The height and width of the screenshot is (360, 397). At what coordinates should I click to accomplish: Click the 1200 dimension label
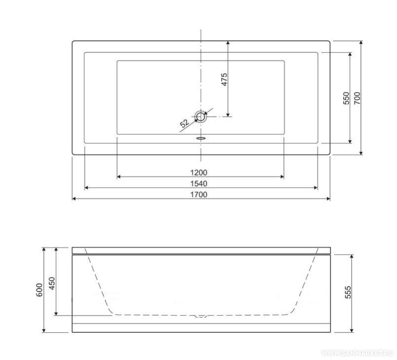pos(199,173)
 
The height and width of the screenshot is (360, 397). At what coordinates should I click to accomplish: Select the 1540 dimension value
pos(199,184)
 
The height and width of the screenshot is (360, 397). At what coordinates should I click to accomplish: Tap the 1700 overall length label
pos(199,195)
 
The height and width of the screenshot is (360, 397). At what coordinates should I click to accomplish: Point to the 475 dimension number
pos(224,80)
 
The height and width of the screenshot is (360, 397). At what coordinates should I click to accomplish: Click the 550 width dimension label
pos(346,98)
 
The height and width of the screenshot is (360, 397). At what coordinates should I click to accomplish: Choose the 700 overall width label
pos(357,98)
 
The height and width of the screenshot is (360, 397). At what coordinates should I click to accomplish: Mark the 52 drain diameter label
pos(185,123)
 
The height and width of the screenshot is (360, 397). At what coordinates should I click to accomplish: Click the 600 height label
pos(40,290)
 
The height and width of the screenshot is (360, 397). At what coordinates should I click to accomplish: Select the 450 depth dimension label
pos(52,283)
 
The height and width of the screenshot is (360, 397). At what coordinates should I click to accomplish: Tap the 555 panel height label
pos(348,292)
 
